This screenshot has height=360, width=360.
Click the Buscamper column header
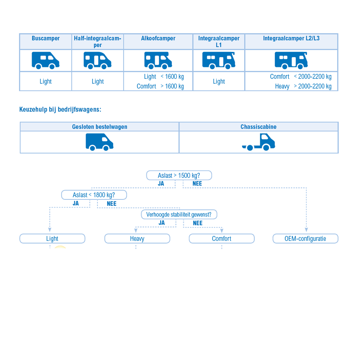pos(46,39)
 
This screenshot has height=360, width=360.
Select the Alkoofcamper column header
pos(158,39)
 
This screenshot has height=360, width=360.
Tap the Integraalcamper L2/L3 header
pos(291,39)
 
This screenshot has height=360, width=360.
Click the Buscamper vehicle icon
pos(45,60)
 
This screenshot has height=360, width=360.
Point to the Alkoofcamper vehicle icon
pos(158,60)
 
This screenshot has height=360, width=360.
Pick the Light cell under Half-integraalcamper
pos(98,81)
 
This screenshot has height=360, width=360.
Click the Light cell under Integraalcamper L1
pos(219,81)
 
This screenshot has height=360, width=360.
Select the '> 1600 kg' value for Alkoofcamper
pos(172,86)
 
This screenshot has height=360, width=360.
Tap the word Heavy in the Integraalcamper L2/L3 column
pos(282,86)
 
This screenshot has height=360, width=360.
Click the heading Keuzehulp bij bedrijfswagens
pos(60,109)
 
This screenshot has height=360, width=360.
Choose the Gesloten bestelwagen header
pos(100,127)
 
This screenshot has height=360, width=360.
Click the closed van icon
pos(99,142)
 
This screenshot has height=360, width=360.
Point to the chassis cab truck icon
pos(258,142)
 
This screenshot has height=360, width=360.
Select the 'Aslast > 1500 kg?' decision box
pos(179,175)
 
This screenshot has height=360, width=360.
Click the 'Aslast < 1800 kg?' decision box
pos(94,195)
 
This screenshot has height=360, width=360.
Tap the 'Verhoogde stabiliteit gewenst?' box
pos(179,215)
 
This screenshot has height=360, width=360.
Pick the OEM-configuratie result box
pos(305,239)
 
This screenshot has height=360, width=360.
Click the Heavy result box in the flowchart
pos(137,239)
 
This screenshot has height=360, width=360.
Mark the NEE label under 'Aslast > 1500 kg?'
pos(197,184)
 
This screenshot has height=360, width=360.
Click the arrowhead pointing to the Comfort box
pos(222,231)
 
